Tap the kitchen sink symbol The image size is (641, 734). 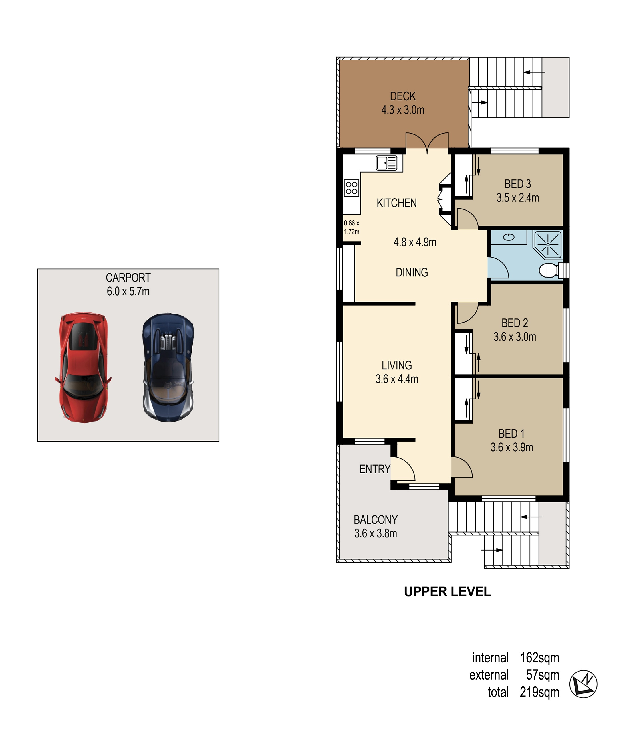(387, 163)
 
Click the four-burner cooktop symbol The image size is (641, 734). (352, 188)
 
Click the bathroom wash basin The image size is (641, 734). (509, 237)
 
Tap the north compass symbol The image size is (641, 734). (584, 684)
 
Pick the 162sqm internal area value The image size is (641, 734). (539, 658)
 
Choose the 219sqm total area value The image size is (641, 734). (539, 692)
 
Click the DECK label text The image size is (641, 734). (403, 96)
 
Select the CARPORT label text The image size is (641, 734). (128, 278)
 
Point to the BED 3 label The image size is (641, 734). (518, 184)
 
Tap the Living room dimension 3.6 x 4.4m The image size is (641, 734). (397, 379)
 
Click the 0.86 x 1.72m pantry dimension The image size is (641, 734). (351, 227)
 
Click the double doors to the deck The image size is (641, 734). (427, 143)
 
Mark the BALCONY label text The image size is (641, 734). (376, 520)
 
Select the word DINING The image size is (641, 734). (412, 272)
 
